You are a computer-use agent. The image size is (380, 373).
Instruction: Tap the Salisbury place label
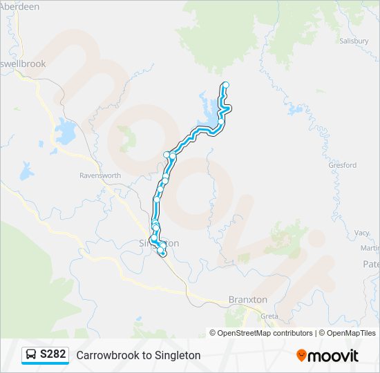click(354, 41)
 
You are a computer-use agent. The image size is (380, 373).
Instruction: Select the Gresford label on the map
click(343, 166)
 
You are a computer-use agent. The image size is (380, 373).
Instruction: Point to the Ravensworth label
click(100, 175)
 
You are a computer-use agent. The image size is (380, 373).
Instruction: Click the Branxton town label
click(247, 300)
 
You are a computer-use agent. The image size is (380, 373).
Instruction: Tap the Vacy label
click(362, 233)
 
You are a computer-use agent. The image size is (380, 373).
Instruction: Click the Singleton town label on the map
click(159, 243)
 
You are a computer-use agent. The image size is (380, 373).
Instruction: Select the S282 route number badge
click(53, 354)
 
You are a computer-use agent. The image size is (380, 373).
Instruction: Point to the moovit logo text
click(333, 356)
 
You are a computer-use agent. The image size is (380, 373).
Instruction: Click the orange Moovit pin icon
click(301, 355)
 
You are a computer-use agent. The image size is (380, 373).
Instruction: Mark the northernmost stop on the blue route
click(225, 85)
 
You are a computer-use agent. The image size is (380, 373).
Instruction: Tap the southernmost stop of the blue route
click(163, 254)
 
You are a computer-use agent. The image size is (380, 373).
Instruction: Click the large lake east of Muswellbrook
click(66, 131)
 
